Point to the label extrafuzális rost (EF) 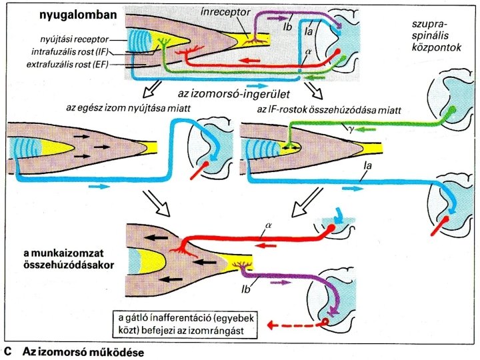tap(77, 64)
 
